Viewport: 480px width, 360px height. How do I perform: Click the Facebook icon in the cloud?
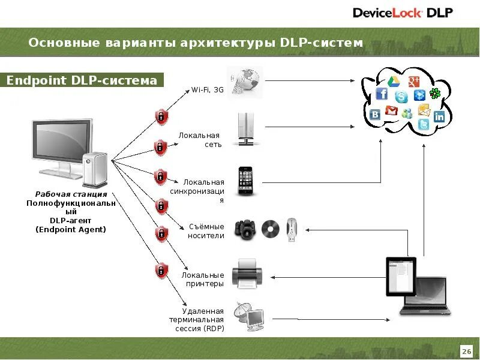pos(382,94)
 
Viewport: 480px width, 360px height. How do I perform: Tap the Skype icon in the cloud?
pos(401,97)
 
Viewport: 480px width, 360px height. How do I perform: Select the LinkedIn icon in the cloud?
pos(439,117)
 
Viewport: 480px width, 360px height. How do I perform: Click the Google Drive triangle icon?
pos(394,82)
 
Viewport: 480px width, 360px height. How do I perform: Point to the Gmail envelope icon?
pos(392,110)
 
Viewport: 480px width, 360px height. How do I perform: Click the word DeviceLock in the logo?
pos(388,13)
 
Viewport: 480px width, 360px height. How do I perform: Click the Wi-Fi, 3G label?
pos(208,90)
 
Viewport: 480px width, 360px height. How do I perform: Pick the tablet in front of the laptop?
pos(401,276)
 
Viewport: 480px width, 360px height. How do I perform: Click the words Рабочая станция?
pos(71,194)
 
